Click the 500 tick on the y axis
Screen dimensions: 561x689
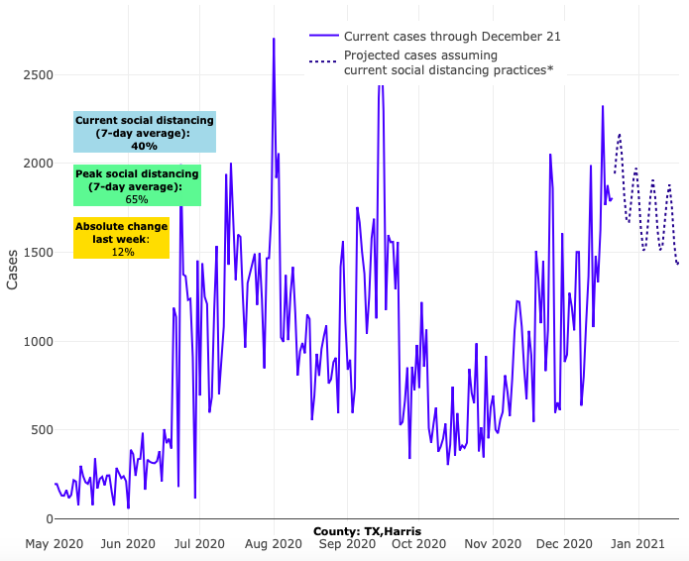point(35,430)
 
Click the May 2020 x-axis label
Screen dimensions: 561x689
point(52,544)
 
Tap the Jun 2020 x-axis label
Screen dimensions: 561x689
point(128,544)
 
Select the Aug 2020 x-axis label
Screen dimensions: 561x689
point(274,544)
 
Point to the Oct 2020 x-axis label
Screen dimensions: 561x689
point(419,544)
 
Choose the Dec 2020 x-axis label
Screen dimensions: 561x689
point(565,544)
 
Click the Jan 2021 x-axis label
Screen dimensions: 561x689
point(638,544)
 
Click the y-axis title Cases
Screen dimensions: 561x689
point(13,269)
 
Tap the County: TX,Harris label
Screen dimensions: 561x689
point(367,532)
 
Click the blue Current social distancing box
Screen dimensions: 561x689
point(145,132)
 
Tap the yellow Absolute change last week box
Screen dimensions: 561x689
point(122,239)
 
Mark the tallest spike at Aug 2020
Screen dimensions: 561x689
point(274,40)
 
